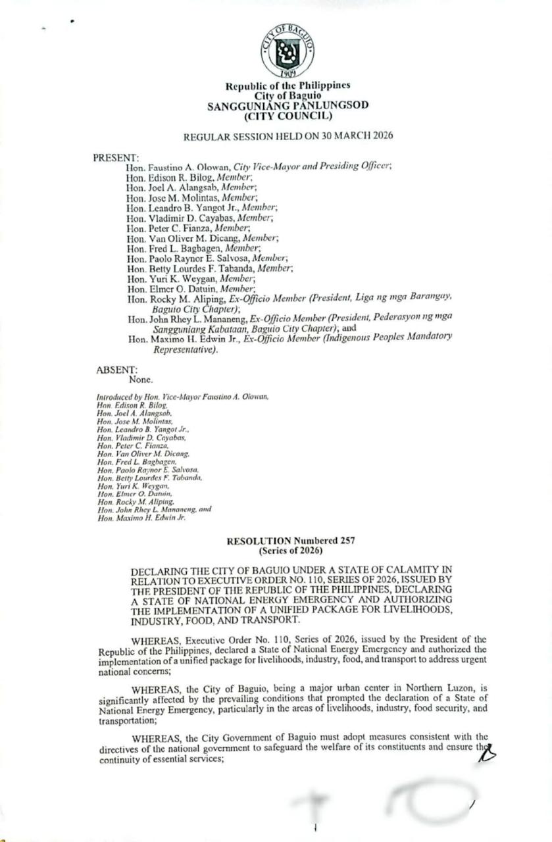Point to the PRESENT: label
point(115,157)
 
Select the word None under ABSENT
point(141,380)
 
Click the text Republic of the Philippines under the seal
point(288,86)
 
